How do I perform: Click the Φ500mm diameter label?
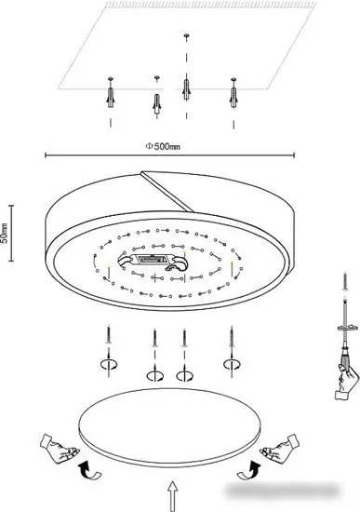pyautogui.click(x=162, y=146)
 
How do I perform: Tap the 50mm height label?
pyautogui.click(x=5, y=233)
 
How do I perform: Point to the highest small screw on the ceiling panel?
pyautogui.click(x=186, y=35)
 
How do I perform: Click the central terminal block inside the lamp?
pyautogui.click(x=152, y=260)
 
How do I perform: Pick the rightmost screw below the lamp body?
pyautogui.click(x=232, y=336)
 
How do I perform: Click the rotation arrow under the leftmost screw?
pyautogui.click(x=109, y=364)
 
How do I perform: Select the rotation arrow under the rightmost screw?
pyautogui.click(x=232, y=364)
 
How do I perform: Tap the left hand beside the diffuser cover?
pyautogui.click(x=60, y=447)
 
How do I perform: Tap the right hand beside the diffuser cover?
pyautogui.click(x=279, y=447)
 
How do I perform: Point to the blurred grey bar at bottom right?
pyautogui.click(x=282, y=490)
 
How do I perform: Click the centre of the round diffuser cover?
pyautogui.click(x=169, y=426)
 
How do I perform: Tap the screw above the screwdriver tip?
pyautogui.click(x=345, y=282)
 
